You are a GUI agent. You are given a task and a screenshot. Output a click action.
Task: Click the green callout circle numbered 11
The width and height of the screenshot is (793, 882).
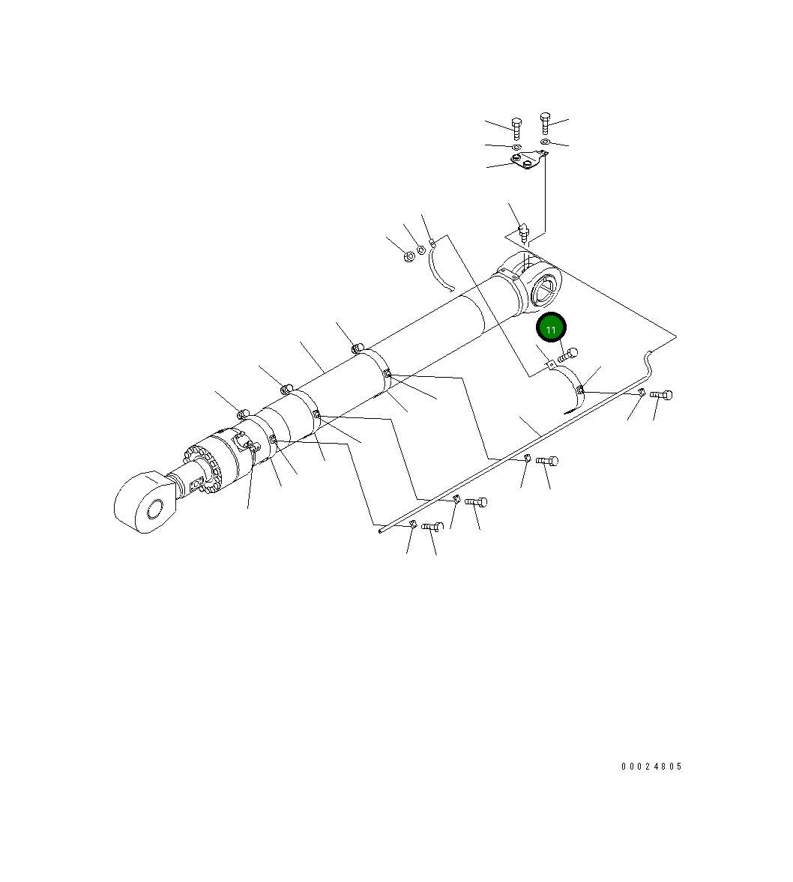(x=551, y=327)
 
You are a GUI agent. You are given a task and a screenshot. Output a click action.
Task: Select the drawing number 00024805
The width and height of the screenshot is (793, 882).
(x=652, y=766)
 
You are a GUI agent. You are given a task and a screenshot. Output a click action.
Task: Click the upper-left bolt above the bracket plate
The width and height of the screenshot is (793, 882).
(x=516, y=128)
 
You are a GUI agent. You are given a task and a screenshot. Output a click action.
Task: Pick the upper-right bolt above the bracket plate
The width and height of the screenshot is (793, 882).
(x=545, y=123)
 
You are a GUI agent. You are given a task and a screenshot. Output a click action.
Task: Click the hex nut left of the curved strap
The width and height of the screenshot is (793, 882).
(x=410, y=256)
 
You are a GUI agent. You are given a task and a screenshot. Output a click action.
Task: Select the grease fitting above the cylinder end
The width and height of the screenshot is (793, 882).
(x=525, y=232)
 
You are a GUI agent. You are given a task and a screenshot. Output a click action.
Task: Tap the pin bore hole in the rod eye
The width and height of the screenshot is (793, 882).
(x=154, y=510)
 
